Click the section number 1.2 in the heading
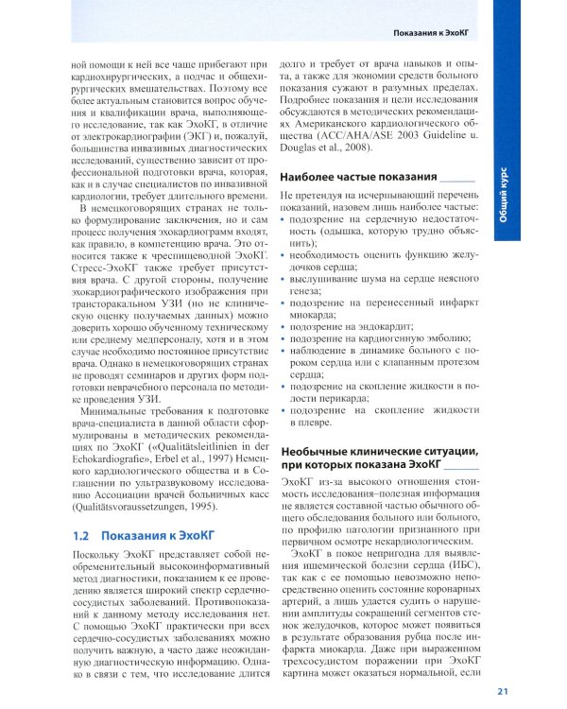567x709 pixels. (83, 535)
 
